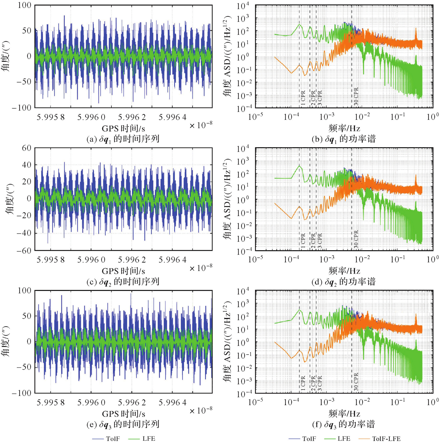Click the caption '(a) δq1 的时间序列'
tap(123, 139)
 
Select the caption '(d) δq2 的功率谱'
tap(344, 282)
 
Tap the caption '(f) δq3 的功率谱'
tap(344, 424)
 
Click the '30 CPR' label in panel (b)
tap(356, 96)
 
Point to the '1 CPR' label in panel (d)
tap(303, 240)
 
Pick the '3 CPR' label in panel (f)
tap(320, 383)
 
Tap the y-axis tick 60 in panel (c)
tap(27, 148)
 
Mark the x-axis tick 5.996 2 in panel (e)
tap(132, 402)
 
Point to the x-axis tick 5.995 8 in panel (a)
tap(51, 117)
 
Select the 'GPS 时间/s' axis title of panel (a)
tap(123, 129)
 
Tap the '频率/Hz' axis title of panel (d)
tap(344, 271)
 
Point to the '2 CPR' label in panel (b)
tap(313, 97)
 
